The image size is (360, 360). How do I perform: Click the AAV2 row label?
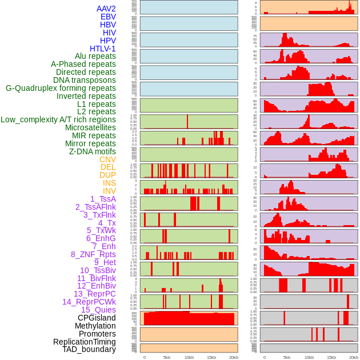coord(106,9)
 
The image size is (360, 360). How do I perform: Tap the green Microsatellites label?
coord(90,127)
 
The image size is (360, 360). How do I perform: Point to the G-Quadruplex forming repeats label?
coord(61,88)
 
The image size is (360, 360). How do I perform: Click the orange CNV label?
coord(107,159)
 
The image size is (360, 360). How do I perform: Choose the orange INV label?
coord(109,191)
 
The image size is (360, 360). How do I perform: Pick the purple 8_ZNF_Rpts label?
coord(93,254)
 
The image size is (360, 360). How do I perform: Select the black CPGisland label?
coord(97,318)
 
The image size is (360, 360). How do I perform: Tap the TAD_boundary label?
coord(89,349)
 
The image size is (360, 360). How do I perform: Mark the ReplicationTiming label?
coord(84,342)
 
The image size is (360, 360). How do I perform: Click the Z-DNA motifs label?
coord(92,151)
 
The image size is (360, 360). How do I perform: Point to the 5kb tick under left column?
coord(167,357)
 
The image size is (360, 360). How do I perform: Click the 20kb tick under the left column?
coord(234,357)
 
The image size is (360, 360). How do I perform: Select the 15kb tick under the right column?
coord(331,357)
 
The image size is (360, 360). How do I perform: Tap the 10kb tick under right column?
coord(309,357)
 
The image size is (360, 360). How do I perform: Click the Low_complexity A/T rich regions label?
coord(58,119)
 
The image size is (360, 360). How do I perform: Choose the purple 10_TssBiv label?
coord(98,270)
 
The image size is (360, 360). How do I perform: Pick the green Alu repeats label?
coord(95,56)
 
